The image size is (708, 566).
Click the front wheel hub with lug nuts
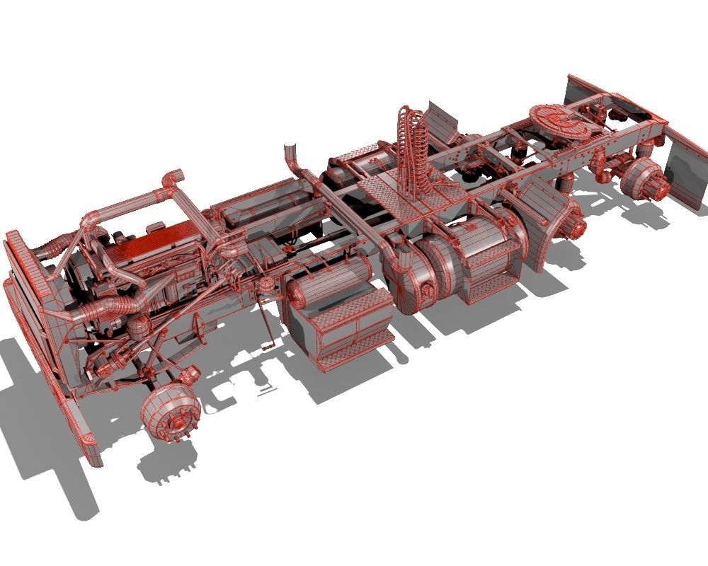coord(171,415)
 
